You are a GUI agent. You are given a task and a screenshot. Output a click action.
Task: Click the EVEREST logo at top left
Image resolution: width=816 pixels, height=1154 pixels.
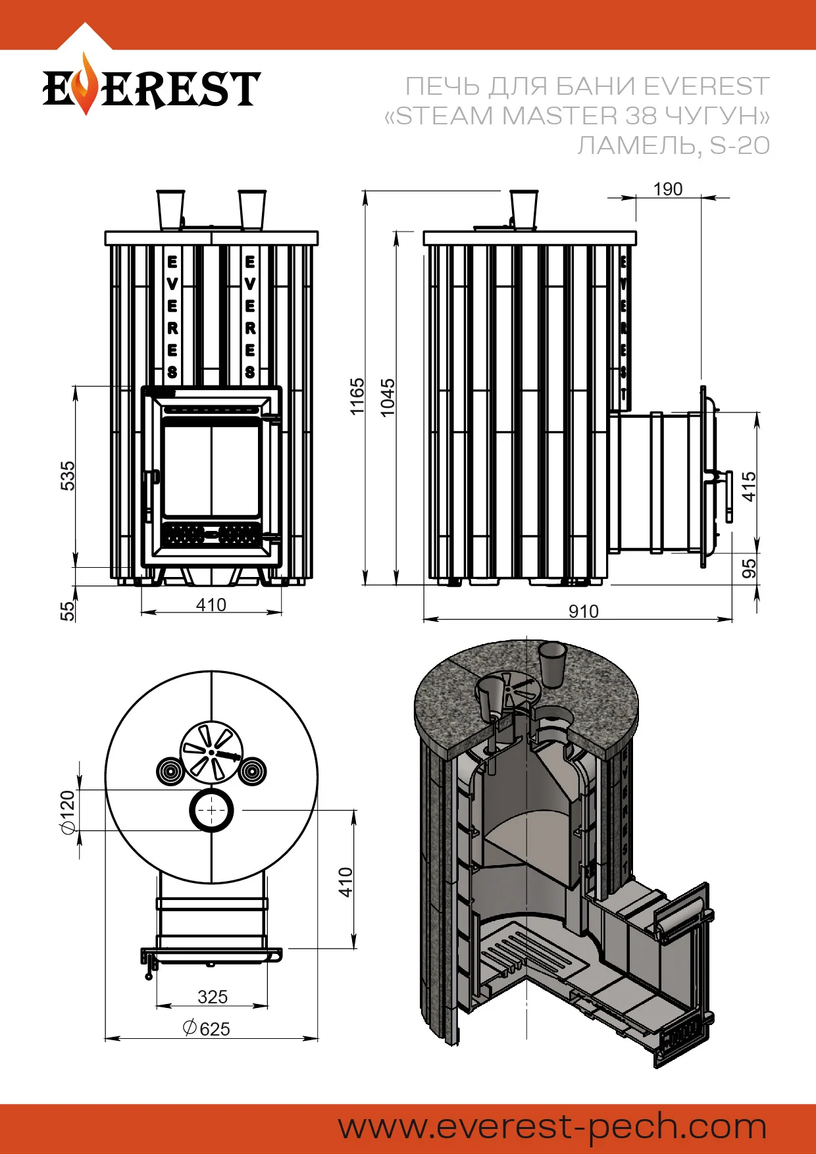point(151,88)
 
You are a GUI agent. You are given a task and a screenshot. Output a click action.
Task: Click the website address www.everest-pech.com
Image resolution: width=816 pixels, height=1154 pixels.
point(553,1126)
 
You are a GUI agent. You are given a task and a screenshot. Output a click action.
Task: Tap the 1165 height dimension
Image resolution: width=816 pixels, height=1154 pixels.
point(357,396)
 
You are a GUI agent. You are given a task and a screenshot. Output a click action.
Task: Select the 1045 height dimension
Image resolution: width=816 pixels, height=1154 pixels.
point(388,397)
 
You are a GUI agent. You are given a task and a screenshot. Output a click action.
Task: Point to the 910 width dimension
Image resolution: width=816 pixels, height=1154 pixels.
point(584,611)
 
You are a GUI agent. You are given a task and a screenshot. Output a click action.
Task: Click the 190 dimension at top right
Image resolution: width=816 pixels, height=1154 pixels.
point(667,189)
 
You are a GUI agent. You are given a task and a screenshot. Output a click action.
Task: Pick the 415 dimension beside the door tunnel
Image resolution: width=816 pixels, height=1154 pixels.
point(749,487)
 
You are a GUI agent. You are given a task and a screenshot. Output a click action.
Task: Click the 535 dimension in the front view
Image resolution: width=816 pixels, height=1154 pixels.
point(68,476)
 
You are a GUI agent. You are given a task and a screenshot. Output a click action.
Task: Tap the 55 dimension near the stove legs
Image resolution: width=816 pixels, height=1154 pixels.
point(68,611)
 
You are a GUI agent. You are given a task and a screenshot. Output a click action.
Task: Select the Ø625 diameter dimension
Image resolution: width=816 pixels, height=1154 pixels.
point(207,1028)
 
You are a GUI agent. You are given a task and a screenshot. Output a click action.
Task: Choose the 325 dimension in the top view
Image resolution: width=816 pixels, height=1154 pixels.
point(213,997)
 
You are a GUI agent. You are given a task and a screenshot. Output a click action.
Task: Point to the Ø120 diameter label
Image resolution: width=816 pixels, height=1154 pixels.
point(67,813)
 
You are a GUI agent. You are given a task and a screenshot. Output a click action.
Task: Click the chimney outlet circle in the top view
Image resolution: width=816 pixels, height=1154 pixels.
point(211,810)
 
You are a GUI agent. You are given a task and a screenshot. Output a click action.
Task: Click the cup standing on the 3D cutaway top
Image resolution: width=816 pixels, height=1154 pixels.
point(553,663)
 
